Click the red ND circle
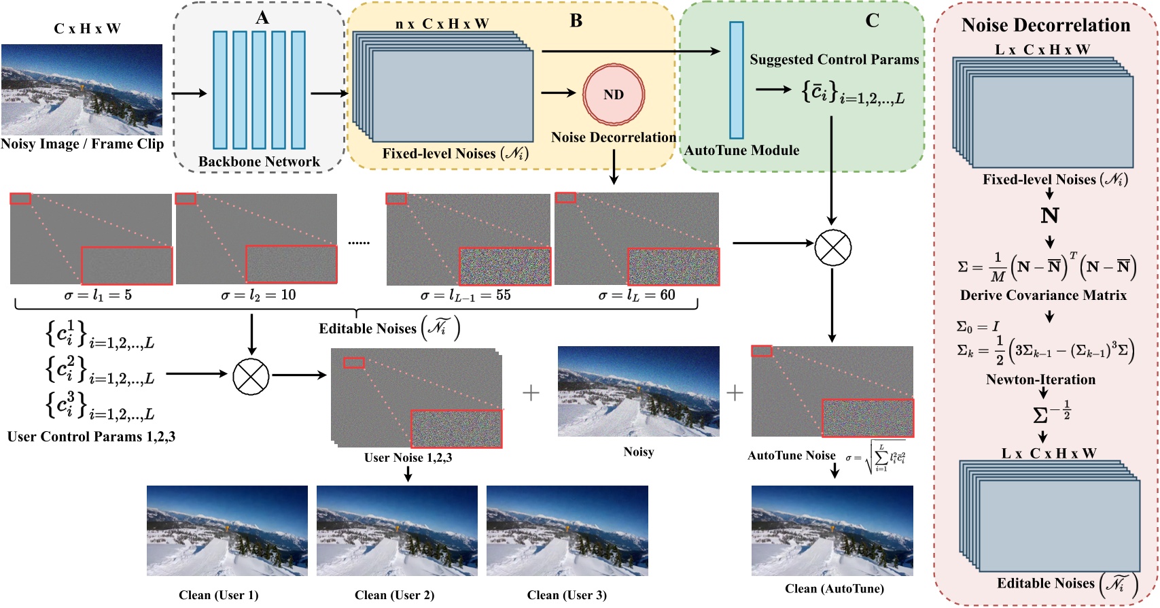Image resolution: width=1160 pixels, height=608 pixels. pyautogui.click(x=613, y=95)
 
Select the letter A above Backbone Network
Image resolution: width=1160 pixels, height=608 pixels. pyautogui.click(x=262, y=18)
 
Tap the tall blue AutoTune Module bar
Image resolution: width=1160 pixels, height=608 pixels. pyautogui.click(x=736, y=80)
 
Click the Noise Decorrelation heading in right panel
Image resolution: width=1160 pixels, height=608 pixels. pyautogui.click(x=1045, y=25)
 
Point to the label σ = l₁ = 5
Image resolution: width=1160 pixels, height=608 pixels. pyautogui.click(x=98, y=295)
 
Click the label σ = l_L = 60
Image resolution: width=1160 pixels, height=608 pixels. pyautogui.click(x=637, y=295)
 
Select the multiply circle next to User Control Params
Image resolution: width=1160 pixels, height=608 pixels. pyautogui.click(x=251, y=376)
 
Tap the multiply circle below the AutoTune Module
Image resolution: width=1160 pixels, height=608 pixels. pyautogui.click(x=832, y=247)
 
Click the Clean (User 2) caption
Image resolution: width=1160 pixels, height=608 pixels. pyautogui.click(x=394, y=595)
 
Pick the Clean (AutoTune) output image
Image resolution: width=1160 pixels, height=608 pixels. pyautogui.click(x=832, y=530)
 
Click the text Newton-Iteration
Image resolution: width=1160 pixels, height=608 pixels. pyautogui.click(x=1040, y=379)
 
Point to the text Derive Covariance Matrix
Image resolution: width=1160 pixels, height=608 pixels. pyautogui.click(x=1043, y=295)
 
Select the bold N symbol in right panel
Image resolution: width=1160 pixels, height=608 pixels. pyautogui.click(x=1049, y=216)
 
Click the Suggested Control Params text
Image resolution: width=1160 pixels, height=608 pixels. pyautogui.click(x=834, y=59)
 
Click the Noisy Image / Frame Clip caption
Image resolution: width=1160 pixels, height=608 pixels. pyautogui.click(x=82, y=144)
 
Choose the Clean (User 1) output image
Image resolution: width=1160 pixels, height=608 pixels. pyautogui.click(x=227, y=530)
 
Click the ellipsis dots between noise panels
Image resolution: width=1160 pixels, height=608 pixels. pyautogui.click(x=359, y=242)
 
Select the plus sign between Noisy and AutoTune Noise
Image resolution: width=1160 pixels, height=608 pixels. pyautogui.click(x=735, y=392)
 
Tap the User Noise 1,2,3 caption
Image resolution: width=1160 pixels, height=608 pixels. pyautogui.click(x=408, y=458)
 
